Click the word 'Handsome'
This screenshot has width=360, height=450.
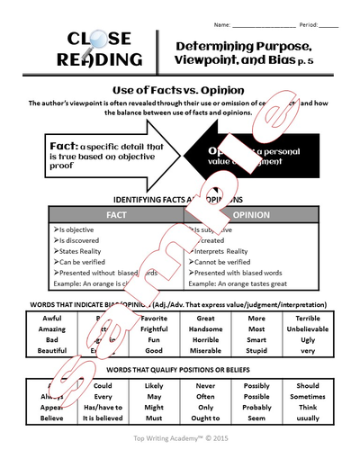click(x=205, y=330)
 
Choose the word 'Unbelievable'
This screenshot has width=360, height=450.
click(x=309, y=330)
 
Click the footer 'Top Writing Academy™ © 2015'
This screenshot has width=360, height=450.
click(x=179, y=438)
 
